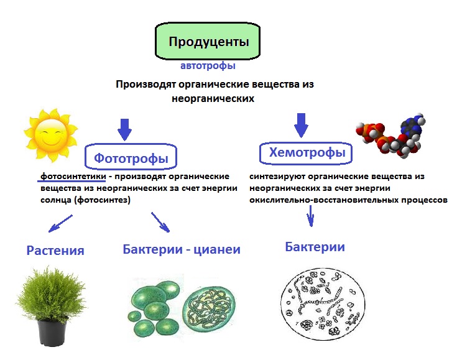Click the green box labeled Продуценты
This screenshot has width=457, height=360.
(x=208, y=41)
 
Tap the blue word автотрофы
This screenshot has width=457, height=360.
(x=208, y=65)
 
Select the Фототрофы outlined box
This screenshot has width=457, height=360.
(x=131, y=157)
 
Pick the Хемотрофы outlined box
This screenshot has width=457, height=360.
(x=306, y=153)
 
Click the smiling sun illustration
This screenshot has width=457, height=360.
(x=50, y=136)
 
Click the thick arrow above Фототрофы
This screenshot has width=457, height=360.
(x=125, y=129)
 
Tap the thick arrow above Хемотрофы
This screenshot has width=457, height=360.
(x=301, y=126)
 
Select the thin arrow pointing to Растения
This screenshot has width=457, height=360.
(x=60, y=224)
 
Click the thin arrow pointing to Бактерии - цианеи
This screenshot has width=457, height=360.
(x=160, y=222)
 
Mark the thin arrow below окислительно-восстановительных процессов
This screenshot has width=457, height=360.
(x=310, y=216)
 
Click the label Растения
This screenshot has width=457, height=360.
(x=55, y=251)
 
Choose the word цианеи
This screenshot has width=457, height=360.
(x=217, y=249)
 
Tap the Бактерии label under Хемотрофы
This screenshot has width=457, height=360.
(x=315, y=247)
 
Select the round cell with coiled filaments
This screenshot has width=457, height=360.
(x=209, y=308)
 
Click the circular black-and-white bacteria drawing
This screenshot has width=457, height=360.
(x=323, y=304)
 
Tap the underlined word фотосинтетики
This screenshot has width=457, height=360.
(x=73, y=177)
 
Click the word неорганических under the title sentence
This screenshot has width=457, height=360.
(x=213, y=98)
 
